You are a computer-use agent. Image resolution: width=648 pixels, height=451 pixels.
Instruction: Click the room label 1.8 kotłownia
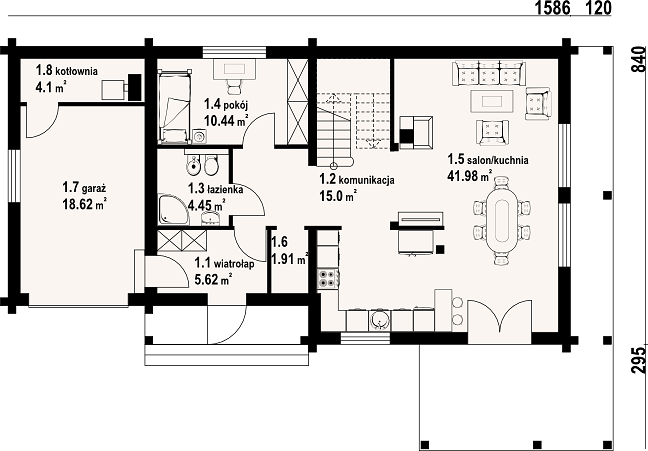pos(67,70)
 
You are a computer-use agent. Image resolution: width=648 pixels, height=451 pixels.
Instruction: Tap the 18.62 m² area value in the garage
pos(85,205)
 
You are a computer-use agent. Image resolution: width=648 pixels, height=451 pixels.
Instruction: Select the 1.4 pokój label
pos(226,104)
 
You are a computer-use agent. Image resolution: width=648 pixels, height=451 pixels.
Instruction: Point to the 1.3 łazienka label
pos(215,189)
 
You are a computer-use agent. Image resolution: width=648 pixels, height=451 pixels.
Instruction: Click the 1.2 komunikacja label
pos(357,179)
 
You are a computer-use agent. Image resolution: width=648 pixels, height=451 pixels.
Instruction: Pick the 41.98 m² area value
pos(469,176)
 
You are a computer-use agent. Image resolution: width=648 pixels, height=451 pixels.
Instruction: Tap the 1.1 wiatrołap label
pos(224,262)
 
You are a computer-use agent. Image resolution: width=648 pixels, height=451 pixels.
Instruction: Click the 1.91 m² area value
pos(289,259)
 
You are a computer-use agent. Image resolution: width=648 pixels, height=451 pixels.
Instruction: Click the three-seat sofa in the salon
pos(489,73)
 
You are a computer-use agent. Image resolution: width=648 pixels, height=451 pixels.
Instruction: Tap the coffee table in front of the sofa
pos(492,101)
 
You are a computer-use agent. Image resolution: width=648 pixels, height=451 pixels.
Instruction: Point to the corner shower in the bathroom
pos(174,209)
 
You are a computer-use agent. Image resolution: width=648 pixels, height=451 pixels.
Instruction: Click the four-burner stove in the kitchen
pos(328,278)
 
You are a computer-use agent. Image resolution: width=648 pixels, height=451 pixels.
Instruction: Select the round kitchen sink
pos(379,320)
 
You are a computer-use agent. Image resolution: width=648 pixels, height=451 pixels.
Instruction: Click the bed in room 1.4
pos(175,107)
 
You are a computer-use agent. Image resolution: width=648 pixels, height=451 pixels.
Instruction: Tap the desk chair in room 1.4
pos(234,87)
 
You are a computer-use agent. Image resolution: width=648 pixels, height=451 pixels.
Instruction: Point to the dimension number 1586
pos(553,8)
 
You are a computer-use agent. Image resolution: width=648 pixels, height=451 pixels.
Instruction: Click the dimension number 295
pos(638,360)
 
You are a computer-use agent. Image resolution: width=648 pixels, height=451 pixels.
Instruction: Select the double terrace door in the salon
pos(499,316)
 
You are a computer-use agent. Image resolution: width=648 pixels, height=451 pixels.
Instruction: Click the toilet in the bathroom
pos(212,165)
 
